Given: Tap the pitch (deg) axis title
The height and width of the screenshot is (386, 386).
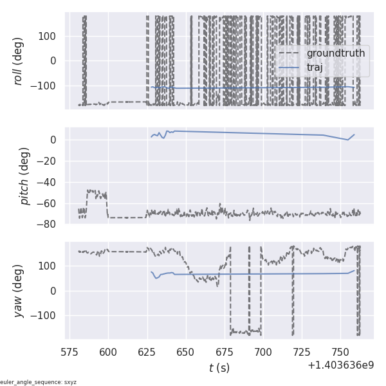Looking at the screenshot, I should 24,176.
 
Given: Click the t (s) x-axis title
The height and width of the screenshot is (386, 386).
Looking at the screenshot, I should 219,368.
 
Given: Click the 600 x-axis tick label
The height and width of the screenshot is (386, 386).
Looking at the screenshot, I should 108,352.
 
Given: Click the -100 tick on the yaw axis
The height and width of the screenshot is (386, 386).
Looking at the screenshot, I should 45,316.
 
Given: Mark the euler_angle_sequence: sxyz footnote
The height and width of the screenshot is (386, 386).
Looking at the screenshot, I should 39,382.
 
